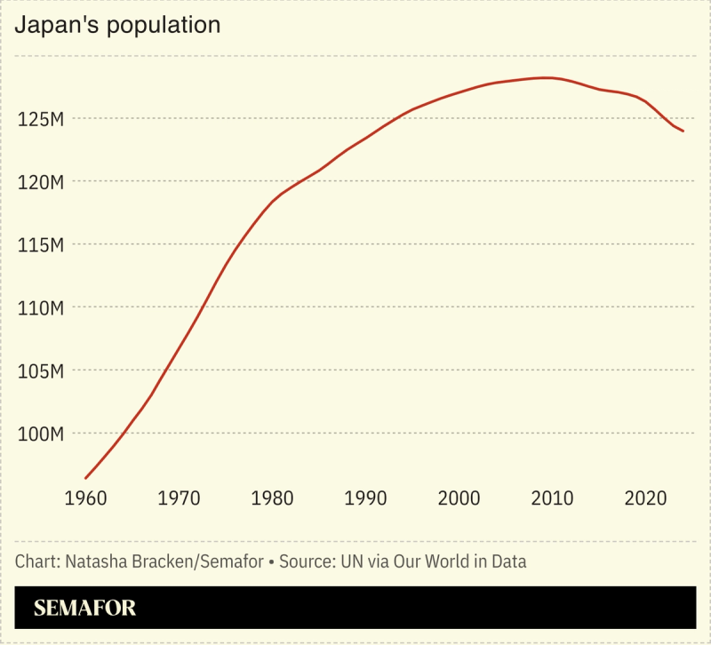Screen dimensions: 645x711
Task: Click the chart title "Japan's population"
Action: coord(117,25)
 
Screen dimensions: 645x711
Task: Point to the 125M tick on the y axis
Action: coord(40,119)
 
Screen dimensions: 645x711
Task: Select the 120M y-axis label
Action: coord(40,182)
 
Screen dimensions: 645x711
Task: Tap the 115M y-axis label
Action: coord(40,245)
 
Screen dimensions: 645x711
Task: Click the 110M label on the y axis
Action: coord(40,308)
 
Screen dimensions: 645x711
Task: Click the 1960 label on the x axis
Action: coord(86,498)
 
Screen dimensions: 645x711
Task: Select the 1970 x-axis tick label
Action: coord(180,498)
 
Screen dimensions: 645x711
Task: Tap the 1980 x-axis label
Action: coord(273,498)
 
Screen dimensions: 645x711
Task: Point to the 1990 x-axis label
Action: coord(366,498)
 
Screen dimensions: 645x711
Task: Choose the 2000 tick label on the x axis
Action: coord(459,498)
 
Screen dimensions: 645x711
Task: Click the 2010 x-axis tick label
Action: coord(553,498)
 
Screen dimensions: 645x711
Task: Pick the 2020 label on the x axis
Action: coord(646,498)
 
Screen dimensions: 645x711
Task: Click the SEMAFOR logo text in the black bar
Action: coord(85,609)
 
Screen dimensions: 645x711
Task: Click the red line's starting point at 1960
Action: coord(86,478)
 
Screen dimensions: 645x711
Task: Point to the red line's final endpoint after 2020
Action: coord(683,131)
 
